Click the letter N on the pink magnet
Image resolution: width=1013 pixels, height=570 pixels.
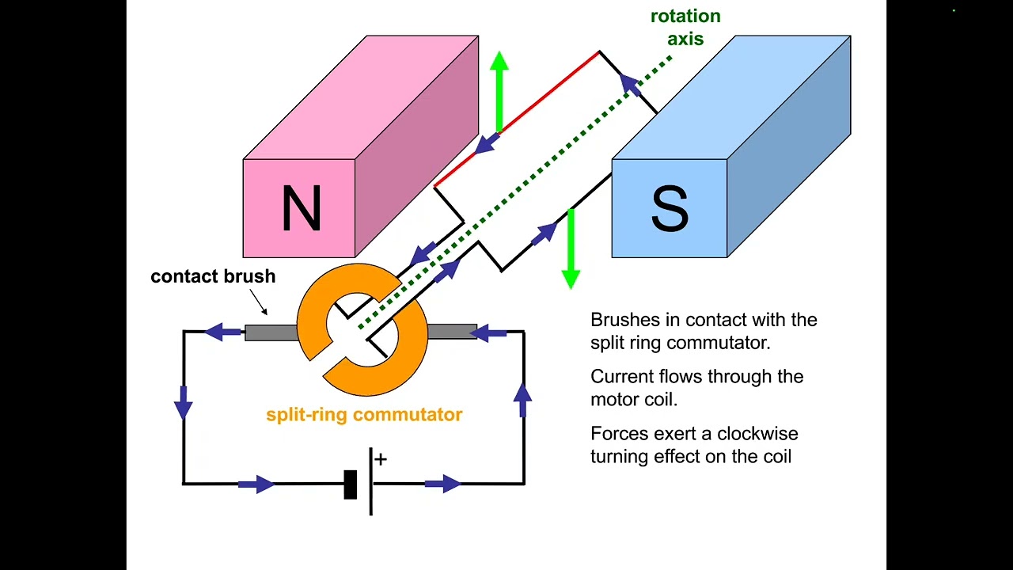click(x=301, y=208)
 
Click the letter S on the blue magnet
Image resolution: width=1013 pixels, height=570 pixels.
click(x=670, y=208)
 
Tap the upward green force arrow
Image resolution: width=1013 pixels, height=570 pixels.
click(x=499, y=91)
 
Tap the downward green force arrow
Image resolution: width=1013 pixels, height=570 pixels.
click(x=571, y=249)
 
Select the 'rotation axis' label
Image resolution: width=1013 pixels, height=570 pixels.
click(x=685, y=27)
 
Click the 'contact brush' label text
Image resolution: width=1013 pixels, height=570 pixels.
click(x=213, y=276)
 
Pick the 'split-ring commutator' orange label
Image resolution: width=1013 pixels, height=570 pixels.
click(x=364, y=414)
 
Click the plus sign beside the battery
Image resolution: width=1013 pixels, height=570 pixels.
click(x=381, y=459)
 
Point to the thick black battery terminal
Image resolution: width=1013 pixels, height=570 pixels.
click(x=351, y=484)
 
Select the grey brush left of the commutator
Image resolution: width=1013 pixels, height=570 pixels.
click(x=271, y=332)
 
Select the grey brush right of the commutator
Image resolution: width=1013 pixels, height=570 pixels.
click(x=451, y=332)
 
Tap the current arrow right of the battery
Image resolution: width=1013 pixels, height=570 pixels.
click(x=442, y=484)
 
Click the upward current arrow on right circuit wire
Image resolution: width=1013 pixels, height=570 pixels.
click(x=522, y=400)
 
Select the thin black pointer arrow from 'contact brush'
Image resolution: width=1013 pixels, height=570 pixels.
click(x=259, y=302)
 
